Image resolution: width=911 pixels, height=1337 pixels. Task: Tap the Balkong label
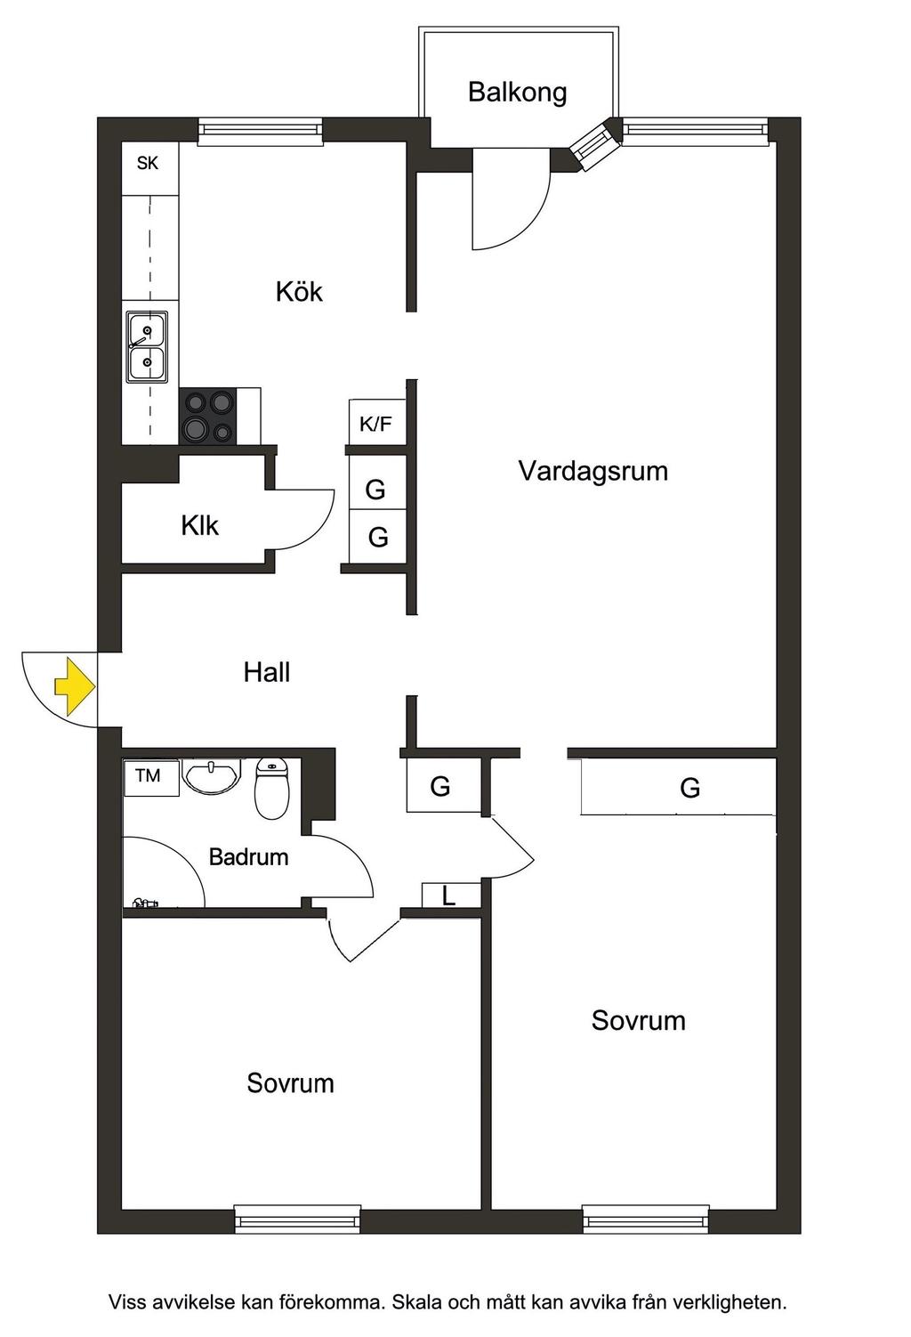[517, 92]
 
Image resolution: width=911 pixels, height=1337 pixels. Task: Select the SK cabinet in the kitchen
[149, 164]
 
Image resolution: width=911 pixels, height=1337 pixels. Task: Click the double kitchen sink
[146, 347]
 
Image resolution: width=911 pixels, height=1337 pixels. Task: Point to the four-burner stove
[208, 416]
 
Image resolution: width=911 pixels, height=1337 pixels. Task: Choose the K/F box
[375, 424]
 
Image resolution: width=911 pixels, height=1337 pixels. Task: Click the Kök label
[298, 291]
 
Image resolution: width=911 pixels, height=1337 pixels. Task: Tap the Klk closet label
[199, 525]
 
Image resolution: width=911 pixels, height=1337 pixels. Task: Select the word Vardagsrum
[593, 470]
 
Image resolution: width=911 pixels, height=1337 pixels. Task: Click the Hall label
[267, 672]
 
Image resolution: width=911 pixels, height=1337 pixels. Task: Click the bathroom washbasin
[211, 775]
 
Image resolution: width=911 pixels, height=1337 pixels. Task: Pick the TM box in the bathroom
[149, 775]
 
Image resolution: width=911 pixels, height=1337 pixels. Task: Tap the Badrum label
[248, 857]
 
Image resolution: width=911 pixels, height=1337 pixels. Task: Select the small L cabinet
[450, 895]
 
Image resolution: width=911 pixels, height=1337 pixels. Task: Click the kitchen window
[260, 132]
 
